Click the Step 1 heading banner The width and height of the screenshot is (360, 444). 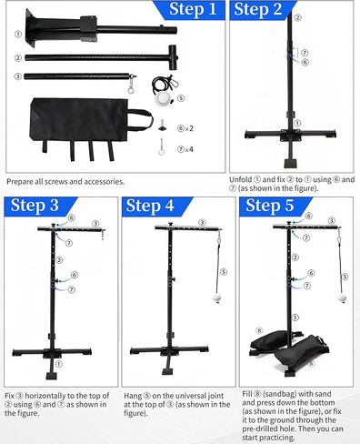[x=189, y=10]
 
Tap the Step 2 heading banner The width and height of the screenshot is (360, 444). [x=261, y=10]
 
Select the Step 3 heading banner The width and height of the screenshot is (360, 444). [x=38, y=207]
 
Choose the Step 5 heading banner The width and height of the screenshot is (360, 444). [x=273, y=207]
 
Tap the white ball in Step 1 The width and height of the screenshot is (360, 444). [x=162, y=99]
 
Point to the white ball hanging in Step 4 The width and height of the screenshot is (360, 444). [x=216, y=298]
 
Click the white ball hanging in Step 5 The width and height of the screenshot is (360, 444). [x=342, y=298]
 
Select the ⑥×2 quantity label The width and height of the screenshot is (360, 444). [x=185, y=128]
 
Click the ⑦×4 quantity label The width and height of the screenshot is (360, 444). [x=185, y=149]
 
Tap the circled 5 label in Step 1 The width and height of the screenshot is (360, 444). [x=181, y=98]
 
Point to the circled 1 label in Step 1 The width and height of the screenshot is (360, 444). [x=18, y=34]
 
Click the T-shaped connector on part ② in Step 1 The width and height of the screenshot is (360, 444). [x=173, y=57]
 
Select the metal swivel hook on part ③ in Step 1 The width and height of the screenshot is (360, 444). [x=132, y=85]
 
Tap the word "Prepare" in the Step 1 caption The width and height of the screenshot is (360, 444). [x=20, y=182]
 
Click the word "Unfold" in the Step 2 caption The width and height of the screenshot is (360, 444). [x=241, y=179]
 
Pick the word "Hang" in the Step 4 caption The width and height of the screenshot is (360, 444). [x=133, y=396]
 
